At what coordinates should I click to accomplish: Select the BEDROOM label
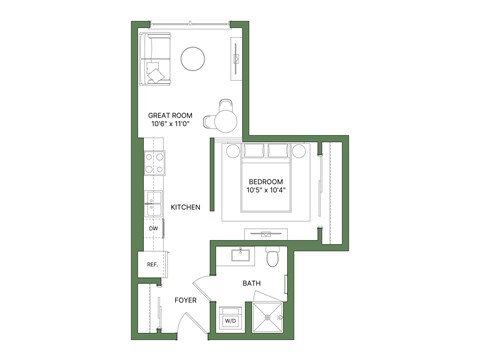[x=265, y=181]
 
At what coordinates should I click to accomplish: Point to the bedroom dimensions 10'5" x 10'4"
[x=265, y=190]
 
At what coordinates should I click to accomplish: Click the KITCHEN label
[x=185, y=207]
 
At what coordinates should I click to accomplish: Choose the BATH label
[x=252, y=284]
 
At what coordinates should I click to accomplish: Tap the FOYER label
[x=185, y=299]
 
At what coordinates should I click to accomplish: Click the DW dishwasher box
[x=153, y=229]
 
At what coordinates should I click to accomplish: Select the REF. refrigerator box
[x=153, y=264]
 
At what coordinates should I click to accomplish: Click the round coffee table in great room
[x=193, y=60]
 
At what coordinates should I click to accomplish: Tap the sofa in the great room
[x=155, y=58]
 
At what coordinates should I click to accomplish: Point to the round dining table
[x=225, y=121]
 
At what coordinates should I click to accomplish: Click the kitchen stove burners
[x=154, y=160]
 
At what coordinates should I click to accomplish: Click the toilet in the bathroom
[x=271, y=258]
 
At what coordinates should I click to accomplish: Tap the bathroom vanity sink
[x=241, y=254]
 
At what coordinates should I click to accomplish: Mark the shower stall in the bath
[x=268, y=319]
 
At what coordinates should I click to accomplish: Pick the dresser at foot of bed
[x=266, y=232]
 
